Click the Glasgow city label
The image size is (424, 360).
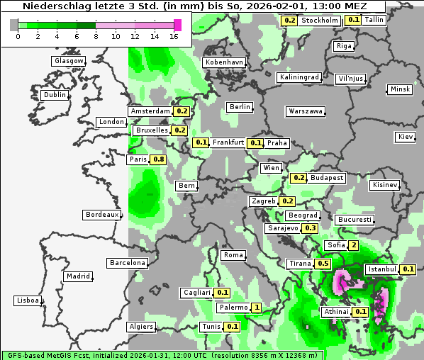pyautogui.click(x=69, y=61)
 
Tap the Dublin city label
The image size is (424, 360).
pyautogui.click(x=55, y=95)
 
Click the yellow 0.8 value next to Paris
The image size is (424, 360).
pyautogui.click(x=159, y=159)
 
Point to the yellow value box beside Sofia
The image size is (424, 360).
pyautogui.click(x=353, y=245)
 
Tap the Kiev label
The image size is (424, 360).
pyautogui.click(x=406, y=137)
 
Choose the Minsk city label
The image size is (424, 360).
pyautogui.click(x=400, y=89)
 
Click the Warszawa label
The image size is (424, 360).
pyautogui.click(x=306, y=111)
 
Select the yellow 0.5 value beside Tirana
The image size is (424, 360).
pyautogui.click(x=323, y=264)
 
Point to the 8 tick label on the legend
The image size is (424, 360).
pyautogui.click(x=96, y=35)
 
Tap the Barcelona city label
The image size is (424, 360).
pyautogui.click(x=128, y=263)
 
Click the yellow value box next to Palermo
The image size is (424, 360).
pyautogui.click(x=256, y=308)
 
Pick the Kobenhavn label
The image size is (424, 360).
pyautogui.click(x=224, y=62)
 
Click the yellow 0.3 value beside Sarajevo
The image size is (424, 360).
pyautogui.click(x=310, y=228)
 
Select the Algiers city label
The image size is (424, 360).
pyautogui.click(x=140, y=327)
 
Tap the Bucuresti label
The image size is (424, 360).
pyautogui.click(x=354, y=220)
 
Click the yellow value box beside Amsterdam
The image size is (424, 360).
pyautogui.click(x=182, y=111)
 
